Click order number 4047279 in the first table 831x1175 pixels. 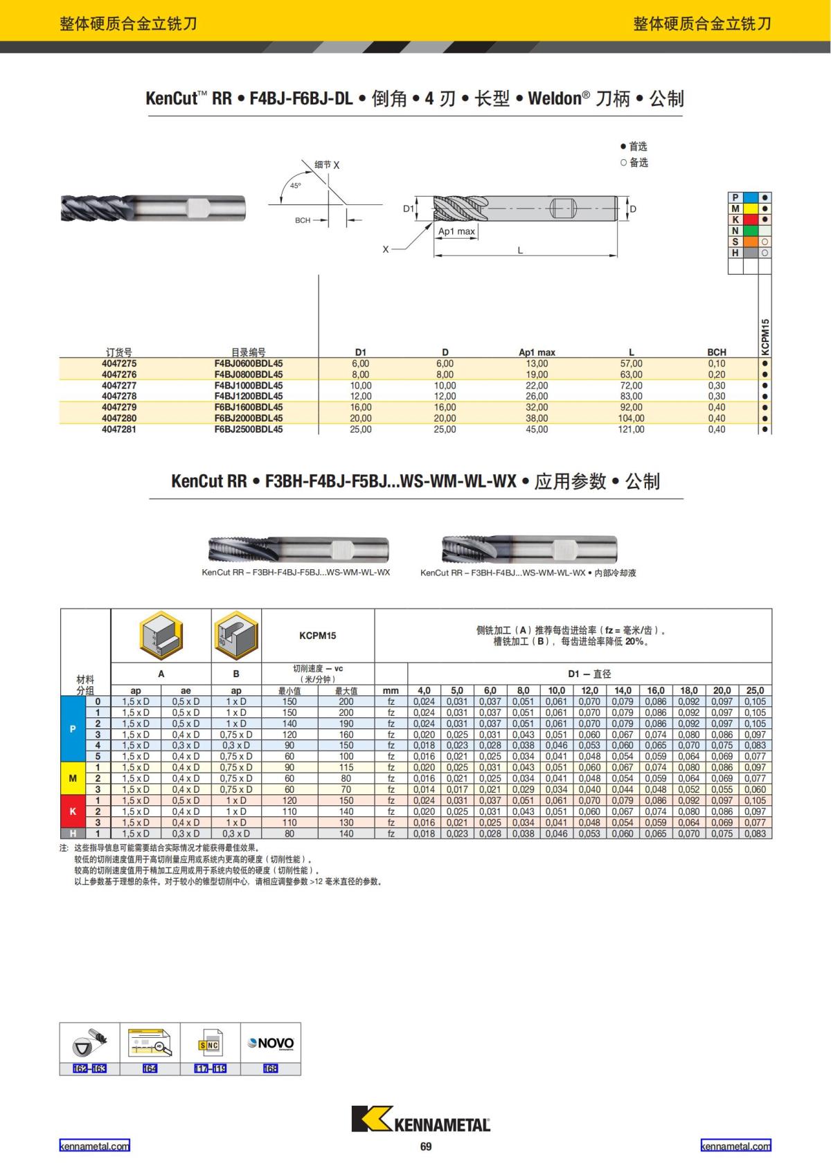(119, 407)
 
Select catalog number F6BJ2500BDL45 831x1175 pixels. (248, 429)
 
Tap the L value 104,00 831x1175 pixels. (631, 418)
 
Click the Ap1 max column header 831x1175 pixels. (537, 352)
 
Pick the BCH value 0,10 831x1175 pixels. (717, 364)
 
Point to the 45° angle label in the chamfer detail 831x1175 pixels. (296, 186)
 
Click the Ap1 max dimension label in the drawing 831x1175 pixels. (457, 231)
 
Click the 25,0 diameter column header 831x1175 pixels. (755, 690)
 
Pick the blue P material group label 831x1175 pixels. (73, 729)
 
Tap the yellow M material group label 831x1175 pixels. (73, 778)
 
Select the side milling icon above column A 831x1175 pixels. (161, 636)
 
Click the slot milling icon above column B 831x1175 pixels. (236, 636)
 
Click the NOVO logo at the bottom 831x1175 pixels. (271, 1043)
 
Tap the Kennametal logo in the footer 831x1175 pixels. (420, 1119)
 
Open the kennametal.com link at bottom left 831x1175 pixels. (94, 1146)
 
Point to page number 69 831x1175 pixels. (426, 1147)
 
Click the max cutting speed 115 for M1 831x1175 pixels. (346, 767)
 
